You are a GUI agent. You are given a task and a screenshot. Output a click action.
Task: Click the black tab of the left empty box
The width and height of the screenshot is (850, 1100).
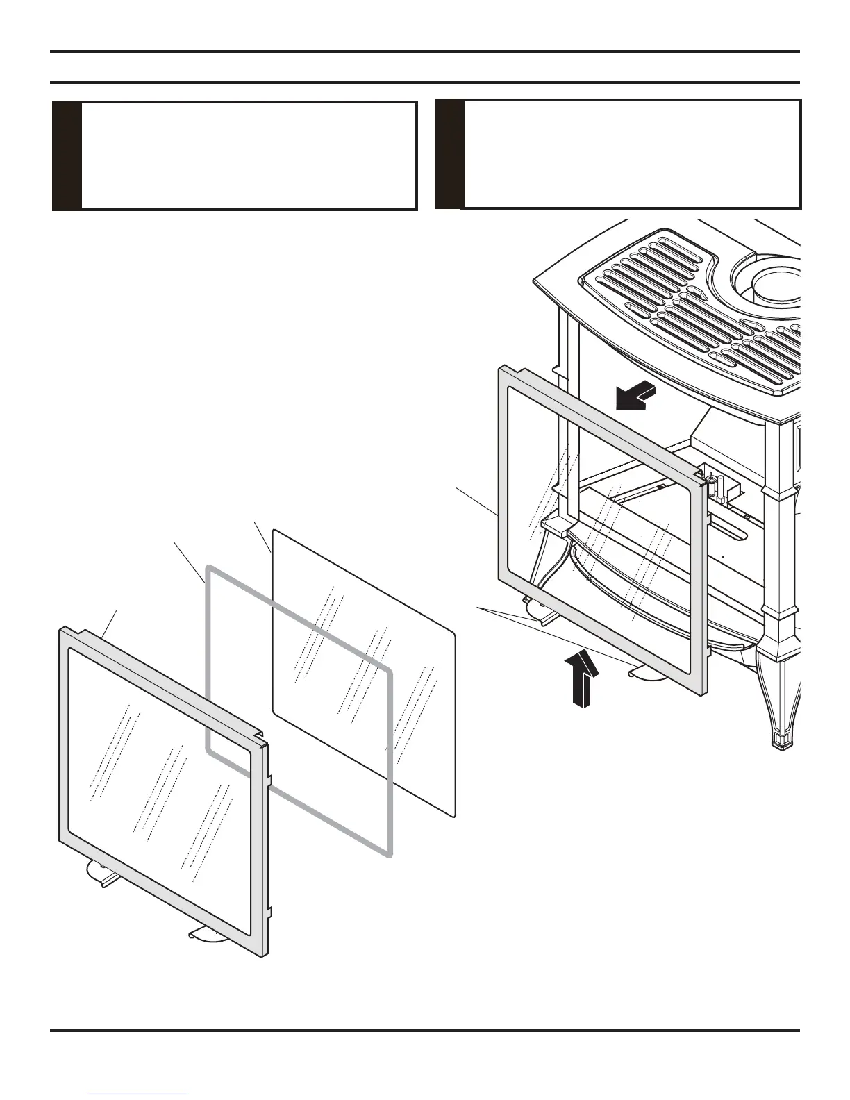pos(67,156)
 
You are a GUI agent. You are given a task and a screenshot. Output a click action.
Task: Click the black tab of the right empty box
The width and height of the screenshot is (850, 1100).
pos(449,154)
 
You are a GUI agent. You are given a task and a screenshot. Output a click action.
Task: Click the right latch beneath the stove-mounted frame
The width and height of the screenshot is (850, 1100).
pos(649,673)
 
